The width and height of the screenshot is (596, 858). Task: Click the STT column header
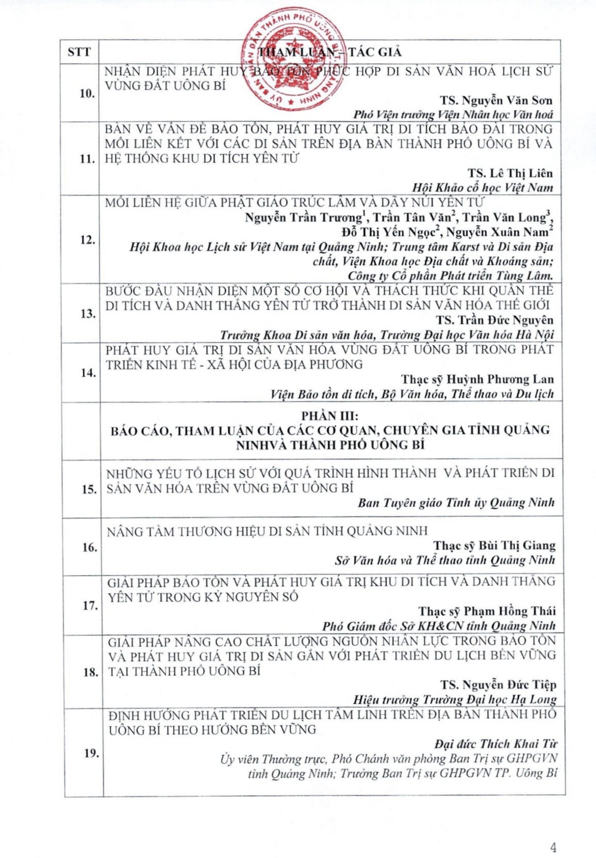coord(79,52)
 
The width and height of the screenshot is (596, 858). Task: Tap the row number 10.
coord(87,93)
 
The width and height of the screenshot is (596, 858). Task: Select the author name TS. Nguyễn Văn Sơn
coord(496,100)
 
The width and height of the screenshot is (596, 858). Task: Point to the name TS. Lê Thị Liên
coord(510,173)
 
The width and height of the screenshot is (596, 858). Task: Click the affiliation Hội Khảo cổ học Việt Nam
coord(482,188)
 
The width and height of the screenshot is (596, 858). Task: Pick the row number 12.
coord(87,240)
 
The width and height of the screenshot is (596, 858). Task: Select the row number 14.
coord(88,373)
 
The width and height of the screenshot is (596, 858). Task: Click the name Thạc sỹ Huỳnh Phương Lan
coord(477,379)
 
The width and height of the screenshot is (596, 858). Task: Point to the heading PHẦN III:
coord(330,416)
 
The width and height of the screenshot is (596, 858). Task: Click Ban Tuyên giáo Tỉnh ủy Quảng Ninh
coord(456,503)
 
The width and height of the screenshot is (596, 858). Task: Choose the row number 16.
coord(89,547)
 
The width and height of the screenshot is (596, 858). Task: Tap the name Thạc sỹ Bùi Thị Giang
coord(494,545)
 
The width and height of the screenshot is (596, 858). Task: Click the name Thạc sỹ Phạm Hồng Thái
coord(487,611)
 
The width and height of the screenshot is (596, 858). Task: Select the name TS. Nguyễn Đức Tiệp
coord(498,685)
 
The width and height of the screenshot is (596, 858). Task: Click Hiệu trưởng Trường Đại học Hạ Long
coord(455,700)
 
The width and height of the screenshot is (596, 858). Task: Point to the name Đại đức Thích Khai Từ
coord(495,744)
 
